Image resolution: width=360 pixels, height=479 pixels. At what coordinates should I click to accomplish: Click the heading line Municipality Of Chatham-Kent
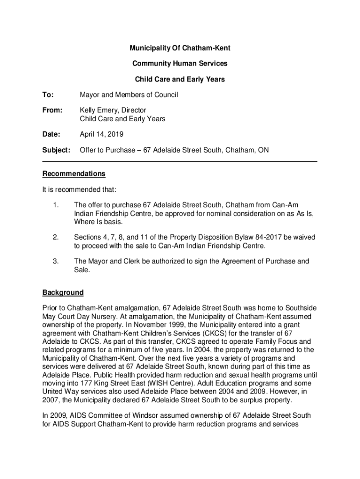[x=180, y=48]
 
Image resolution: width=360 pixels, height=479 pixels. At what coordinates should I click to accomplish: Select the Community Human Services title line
[x=180, y=64]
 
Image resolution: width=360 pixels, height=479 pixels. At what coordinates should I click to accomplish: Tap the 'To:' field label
[x=48, y=95]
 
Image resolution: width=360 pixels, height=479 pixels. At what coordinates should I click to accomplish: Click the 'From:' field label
[x=52, y=110]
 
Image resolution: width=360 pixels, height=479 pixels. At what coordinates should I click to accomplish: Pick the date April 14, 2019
[x=101, y=135]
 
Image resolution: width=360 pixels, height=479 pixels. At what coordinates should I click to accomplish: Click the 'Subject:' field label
[x=56, y=150]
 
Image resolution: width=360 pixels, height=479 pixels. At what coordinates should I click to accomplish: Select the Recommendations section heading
[x=74, y=174]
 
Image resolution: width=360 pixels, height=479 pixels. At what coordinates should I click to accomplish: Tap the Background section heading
[x=63, y=293]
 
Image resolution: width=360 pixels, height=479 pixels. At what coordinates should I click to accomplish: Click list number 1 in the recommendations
[x=56, y=205]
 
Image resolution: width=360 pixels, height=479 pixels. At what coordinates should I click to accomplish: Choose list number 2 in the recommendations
[x=56, y=238]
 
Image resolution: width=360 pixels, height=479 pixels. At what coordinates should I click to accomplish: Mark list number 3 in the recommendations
[x=56, y=261]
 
